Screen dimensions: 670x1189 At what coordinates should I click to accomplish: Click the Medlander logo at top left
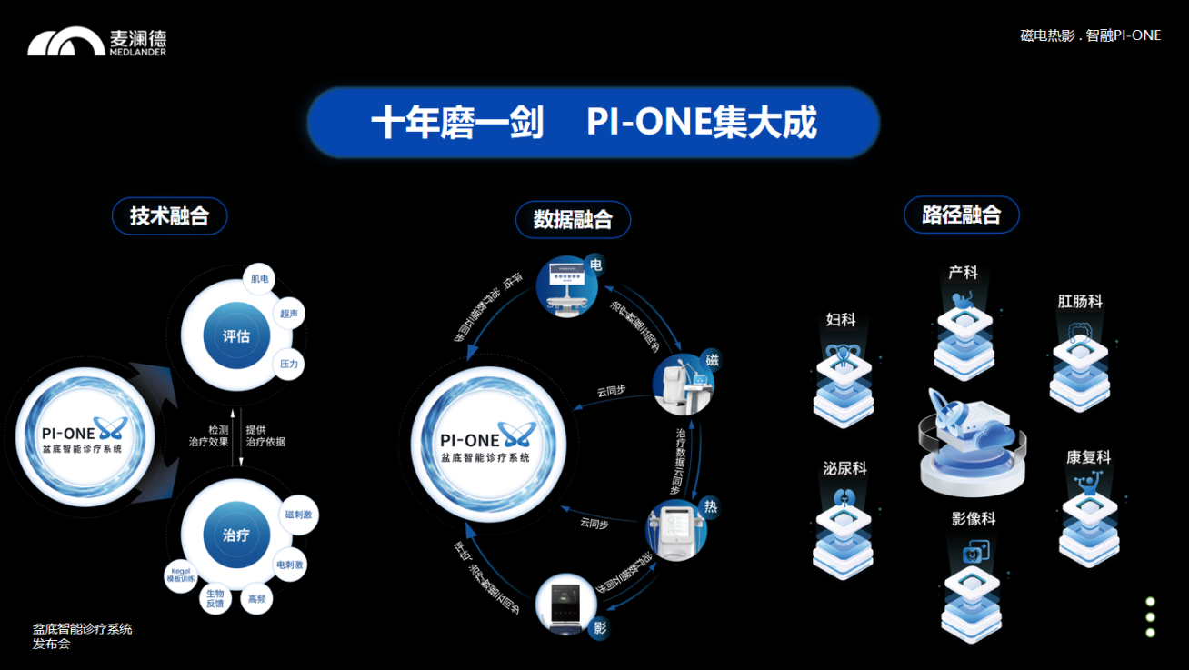pyautogui.click(x=97, y=42)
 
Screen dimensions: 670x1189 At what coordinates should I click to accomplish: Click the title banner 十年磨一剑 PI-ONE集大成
pyautogui.click(x=593, y=123)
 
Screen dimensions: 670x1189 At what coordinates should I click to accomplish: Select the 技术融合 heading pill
pyautogui.click(x=169, y=216)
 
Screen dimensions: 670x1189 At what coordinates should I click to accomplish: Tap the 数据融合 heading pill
pyautogui.click(x=573, y=219)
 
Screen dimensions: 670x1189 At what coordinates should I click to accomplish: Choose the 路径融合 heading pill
pyautogui.click(x=961, y=215)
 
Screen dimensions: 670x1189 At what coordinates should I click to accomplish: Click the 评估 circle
pyautogui.click(x=236, y=335)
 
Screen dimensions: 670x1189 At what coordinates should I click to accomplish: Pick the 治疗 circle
pyautogui.click(x=236, y=535)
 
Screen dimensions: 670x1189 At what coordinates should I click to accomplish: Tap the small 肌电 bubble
pyautogui.click(x=260, y=279)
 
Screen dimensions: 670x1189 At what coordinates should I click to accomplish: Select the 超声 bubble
pyautogui.click(x=289, y=314)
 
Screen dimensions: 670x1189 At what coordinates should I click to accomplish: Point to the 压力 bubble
pyautogui.click(x=288, y=364)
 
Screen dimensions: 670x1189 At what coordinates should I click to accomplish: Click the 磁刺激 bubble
pyautogui.click(x=298, y=515)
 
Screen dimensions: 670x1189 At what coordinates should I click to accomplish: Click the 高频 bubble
pyautogui.click(x=256, y=599)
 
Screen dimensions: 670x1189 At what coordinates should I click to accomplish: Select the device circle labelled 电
pyautogui.click(x=566, y=287)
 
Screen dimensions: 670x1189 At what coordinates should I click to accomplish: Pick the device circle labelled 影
pyautogui.click(x=566, y=604)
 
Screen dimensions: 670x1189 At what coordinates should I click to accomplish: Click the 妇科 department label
pyautogui.click(x=841, y=320)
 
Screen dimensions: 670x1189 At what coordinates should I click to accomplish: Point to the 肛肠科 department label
pyautogui.click(x=1080, y=301)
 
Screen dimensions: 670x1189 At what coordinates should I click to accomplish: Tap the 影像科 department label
pyautogui.click(x=974, y=519)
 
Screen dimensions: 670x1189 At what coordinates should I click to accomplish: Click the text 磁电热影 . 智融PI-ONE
pyautogui.click(x=1090, y=35)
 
